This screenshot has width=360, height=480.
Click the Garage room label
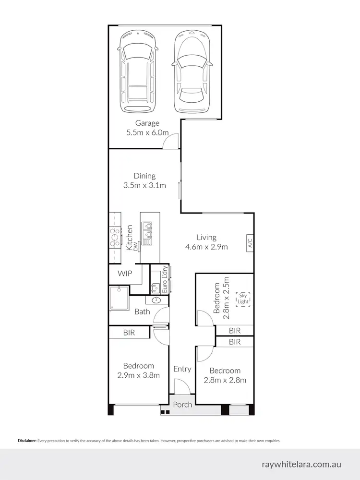[x=147, y=123]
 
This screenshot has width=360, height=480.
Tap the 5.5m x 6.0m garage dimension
[x=147, y=132]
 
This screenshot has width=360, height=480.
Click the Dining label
[x=144, y=176]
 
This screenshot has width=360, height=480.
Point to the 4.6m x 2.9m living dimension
[x=206, y=247]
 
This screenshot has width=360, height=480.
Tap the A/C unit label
[x=250, y=243]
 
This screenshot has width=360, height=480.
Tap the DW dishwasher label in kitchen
[x=135, y=246]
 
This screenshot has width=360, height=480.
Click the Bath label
[x=142, y=312]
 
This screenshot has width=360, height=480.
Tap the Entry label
[x=182, y=369]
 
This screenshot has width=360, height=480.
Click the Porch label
[x=182, y=405]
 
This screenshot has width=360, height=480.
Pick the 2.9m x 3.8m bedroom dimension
[x=138, y=375]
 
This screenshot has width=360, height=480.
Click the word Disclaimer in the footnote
[x=27, y=441]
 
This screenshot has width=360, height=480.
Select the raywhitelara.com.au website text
[x=302, y=465]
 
